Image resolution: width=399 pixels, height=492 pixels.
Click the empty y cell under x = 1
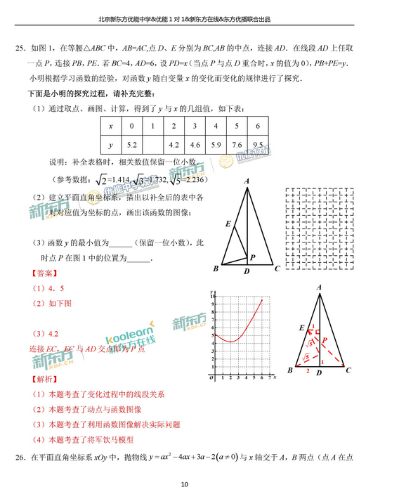[152, 145]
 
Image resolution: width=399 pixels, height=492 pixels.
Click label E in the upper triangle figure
[228, 224]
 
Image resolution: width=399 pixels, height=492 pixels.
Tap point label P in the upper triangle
[252, 257]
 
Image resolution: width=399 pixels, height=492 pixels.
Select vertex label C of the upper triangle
[277, 268]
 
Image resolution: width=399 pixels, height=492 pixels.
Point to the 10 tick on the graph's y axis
[212, 297]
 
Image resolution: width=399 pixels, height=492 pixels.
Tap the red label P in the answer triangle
[324, 339]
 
